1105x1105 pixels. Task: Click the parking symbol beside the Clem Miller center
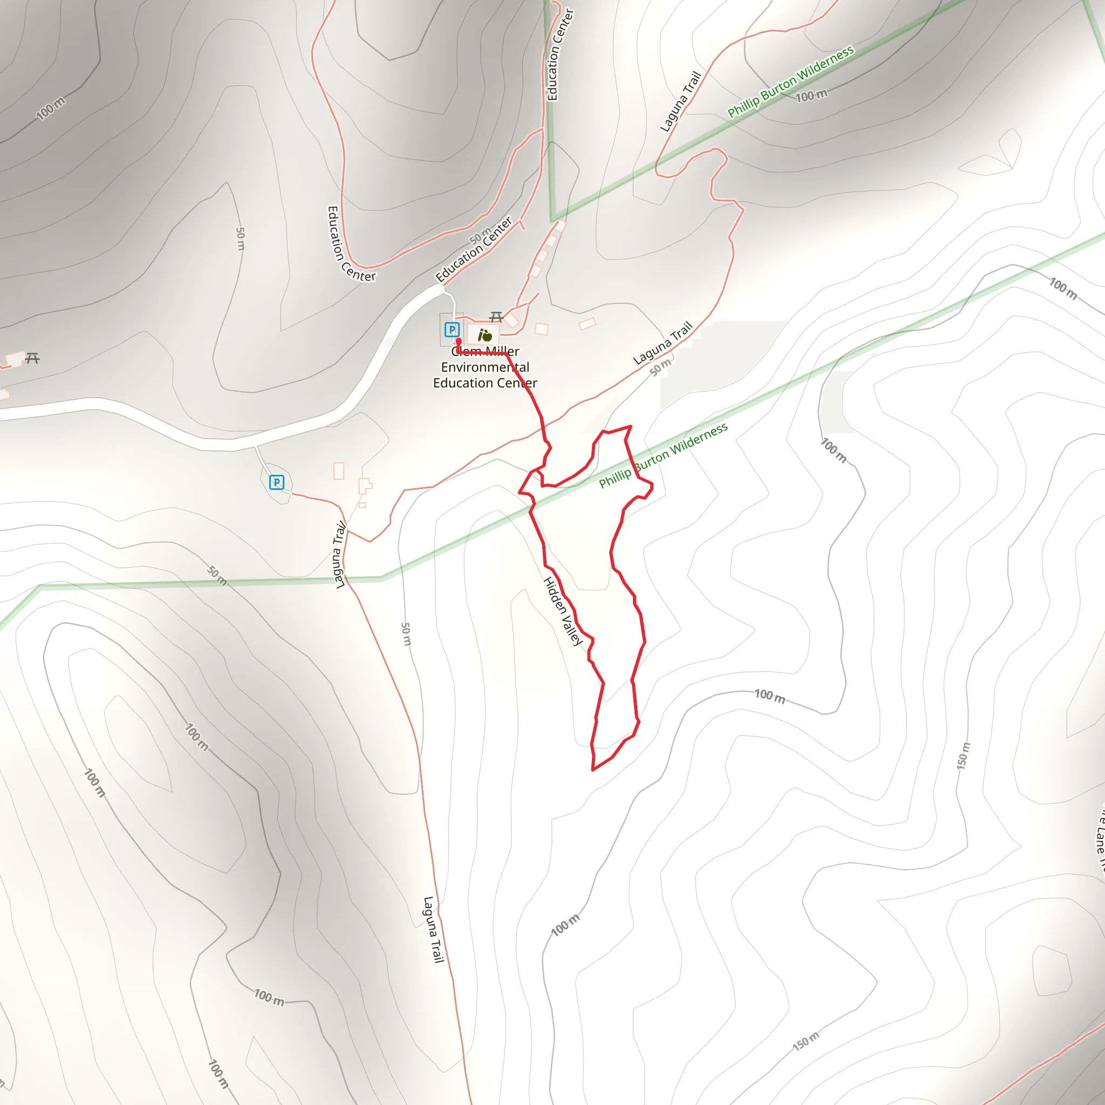(452, 330)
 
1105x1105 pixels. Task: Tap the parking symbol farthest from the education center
(277, 482)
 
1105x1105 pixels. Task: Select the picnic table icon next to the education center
(496, 317)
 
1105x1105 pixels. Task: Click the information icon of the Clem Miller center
(485, 335)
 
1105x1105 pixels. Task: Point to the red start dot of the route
(459, 342)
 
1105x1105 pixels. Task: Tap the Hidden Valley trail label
(563, 611)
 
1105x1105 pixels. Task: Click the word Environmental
(485, 367)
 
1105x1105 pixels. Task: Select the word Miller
(502, 351)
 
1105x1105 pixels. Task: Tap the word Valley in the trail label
(571, 630)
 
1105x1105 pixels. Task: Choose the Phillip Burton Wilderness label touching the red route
(664, 455)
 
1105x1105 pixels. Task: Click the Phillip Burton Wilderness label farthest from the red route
(790, 82)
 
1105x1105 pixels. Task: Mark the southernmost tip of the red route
(593, 770)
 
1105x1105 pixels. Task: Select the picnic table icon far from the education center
(32, 359)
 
